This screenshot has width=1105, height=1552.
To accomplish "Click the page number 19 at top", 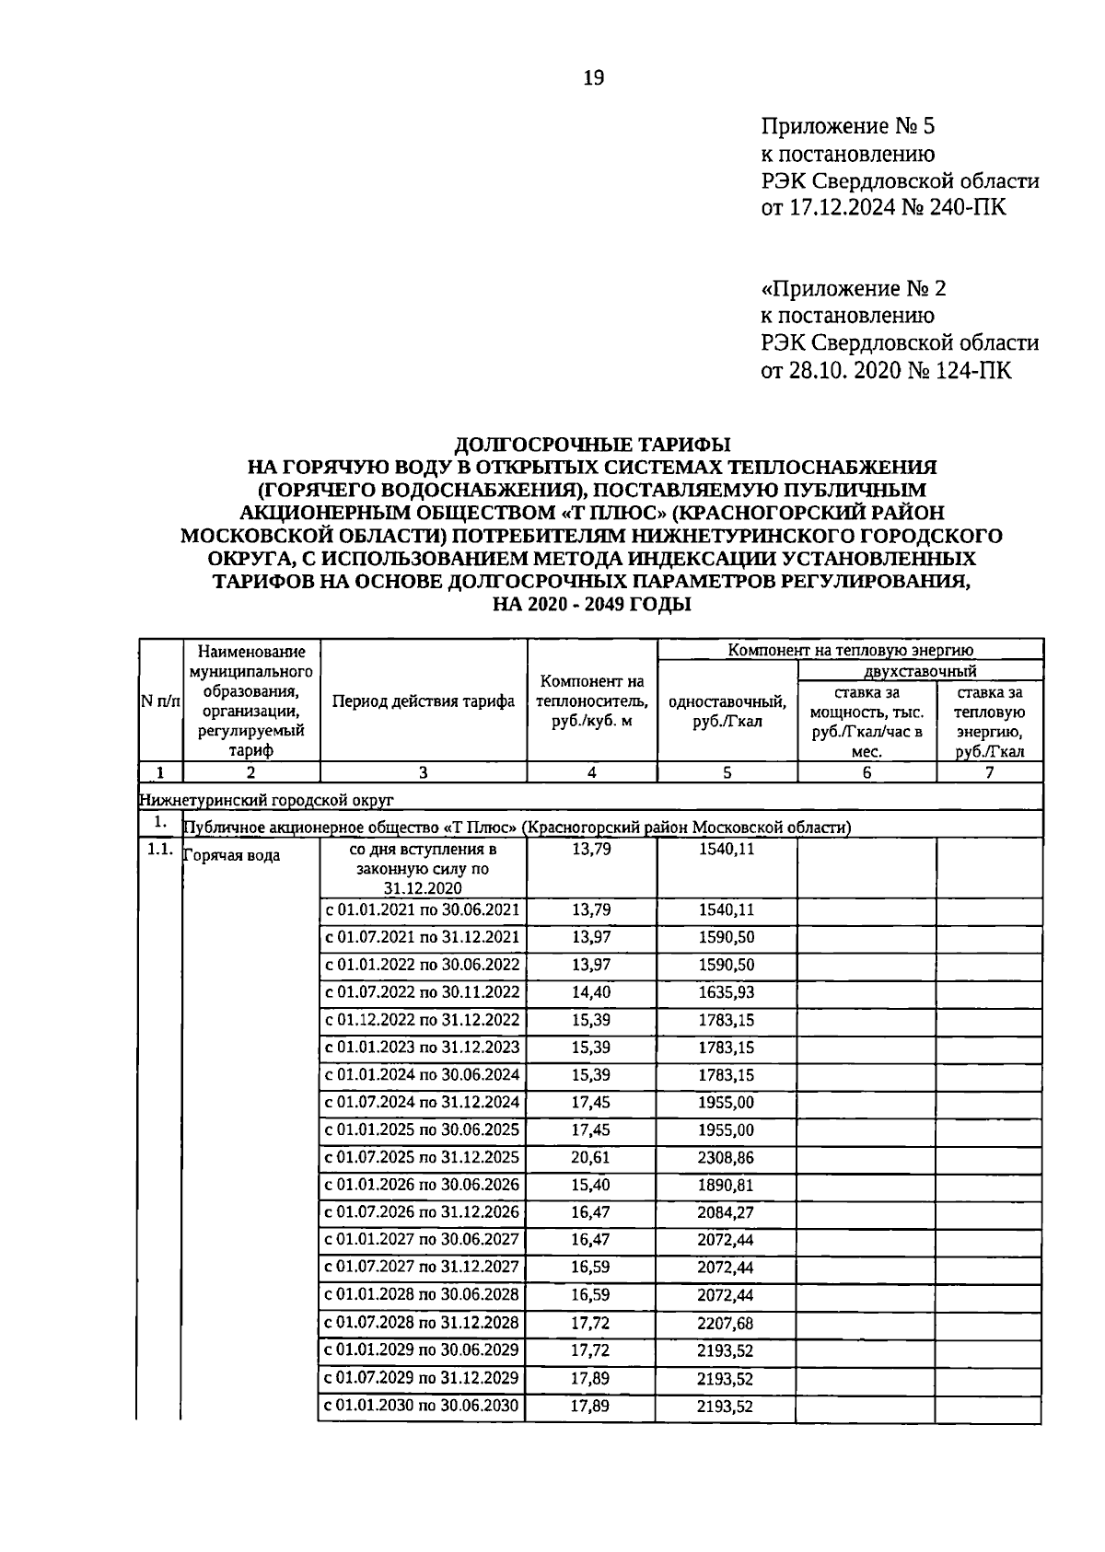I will click(593, 79).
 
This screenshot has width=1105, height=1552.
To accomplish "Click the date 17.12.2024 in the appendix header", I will click(848, 208).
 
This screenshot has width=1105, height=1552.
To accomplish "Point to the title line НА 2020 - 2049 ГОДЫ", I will click(592, 605).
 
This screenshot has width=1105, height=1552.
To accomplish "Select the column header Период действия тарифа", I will click(424, 701).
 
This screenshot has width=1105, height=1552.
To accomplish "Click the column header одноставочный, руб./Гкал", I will click(727, 711).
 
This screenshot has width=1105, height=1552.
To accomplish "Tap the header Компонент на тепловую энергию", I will click(850, 651).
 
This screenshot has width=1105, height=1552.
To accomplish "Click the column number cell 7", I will click(989, 773).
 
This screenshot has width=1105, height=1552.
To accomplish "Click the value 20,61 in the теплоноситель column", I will click(590, 1158).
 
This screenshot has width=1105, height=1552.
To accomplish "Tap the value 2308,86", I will click(726, 1158).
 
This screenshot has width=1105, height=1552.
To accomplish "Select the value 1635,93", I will click(726, 993).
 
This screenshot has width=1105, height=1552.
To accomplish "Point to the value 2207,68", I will click(726, 1323).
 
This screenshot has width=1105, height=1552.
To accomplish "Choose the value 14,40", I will click(590, 993).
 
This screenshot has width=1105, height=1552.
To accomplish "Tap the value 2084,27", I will click(726, 1213).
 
